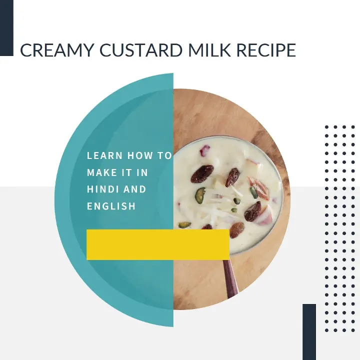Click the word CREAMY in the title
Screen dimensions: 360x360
57,49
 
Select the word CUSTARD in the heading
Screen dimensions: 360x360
141,49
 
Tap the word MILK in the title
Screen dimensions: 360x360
209,49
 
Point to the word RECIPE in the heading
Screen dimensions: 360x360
266,49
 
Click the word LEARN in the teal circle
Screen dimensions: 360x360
104,155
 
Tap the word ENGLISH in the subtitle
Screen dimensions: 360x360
111,206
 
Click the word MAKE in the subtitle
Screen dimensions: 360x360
102,172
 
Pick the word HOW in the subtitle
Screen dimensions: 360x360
140,155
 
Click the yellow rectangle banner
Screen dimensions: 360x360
158,244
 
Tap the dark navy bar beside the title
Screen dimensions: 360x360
6,28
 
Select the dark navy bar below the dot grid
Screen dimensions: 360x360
309,332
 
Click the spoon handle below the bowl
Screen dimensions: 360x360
230,278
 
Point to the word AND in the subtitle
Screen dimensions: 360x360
135,189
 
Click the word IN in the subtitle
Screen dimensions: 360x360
142,172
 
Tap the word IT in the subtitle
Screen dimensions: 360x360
126,172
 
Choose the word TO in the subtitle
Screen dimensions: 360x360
164,155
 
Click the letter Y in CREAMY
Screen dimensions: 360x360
88,49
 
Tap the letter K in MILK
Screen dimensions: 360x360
225,49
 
